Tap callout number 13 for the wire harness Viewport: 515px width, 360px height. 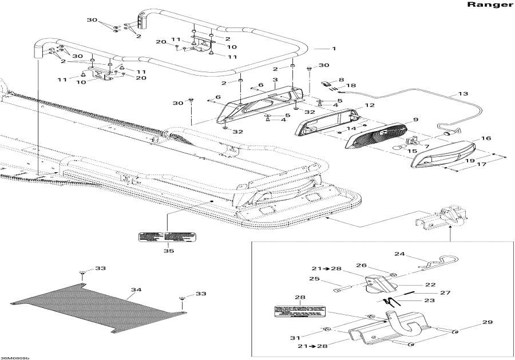pos(463,94)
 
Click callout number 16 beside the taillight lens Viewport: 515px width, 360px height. pos(486,139)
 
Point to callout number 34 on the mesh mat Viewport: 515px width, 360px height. pos(134,290)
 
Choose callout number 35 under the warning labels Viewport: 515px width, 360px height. pos(168,250)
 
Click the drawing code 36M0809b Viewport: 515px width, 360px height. pos(15,357)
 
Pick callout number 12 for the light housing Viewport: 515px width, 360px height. pos(370,106)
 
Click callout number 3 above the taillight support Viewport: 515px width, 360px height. pos(275,80)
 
